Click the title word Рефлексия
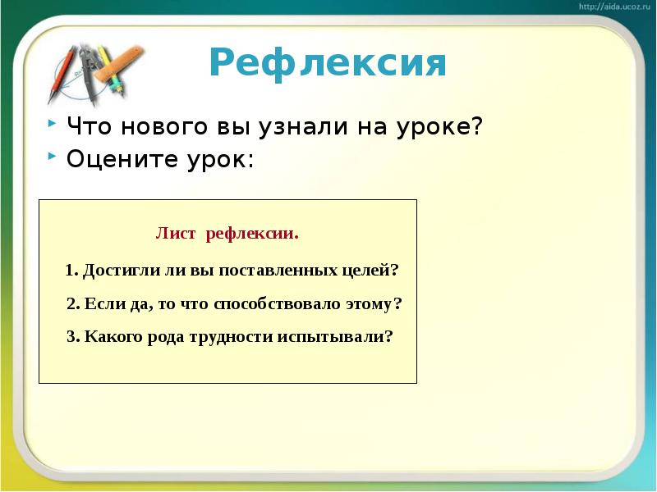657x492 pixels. pos(328,63)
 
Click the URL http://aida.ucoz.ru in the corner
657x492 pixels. pos(614,7)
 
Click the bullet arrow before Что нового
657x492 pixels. pos(52,123)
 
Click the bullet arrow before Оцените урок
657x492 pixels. pos(52,154)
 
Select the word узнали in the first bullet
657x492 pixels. pos(302,128)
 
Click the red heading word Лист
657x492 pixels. pos(176,235)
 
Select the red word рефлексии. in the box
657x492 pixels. pos(252,235)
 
